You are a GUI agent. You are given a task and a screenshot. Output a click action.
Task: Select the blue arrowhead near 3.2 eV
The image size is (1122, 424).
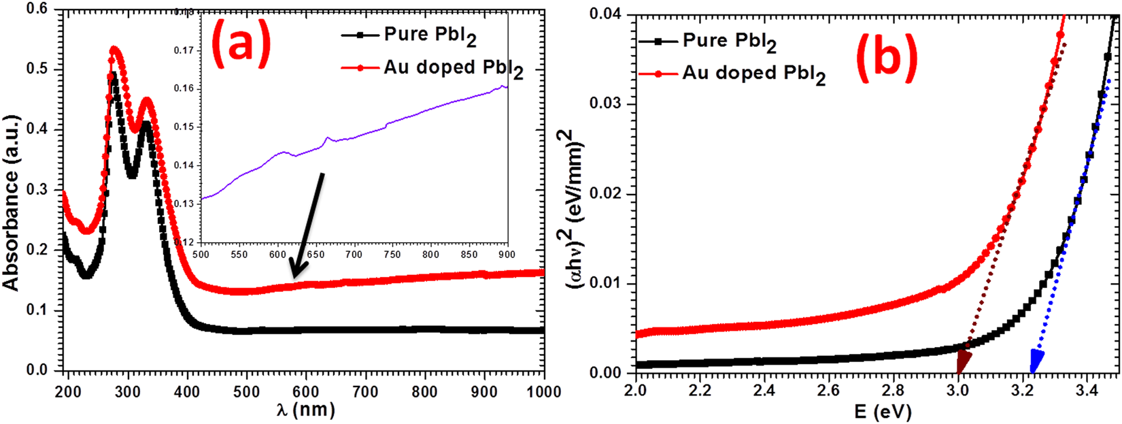pos(1036,359)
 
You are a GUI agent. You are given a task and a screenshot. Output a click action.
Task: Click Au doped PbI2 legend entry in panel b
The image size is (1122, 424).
pos(734,74)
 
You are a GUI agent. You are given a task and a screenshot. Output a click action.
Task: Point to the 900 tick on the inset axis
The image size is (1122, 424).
pos(507,255)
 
